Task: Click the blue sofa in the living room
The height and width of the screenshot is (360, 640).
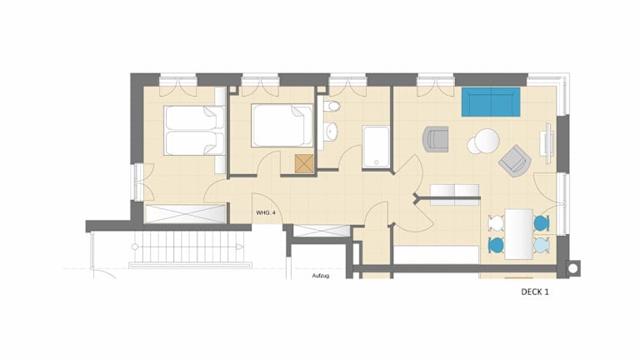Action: point(491,102)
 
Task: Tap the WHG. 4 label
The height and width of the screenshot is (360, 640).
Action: point(266,212)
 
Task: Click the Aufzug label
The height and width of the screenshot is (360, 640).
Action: point(321,276)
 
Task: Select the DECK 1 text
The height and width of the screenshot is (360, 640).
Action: point(535,292)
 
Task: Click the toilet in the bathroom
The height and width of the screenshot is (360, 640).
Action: point(332,107)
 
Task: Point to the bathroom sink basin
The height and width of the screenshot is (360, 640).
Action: point(331,132)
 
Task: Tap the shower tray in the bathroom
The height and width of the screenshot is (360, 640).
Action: point(377,147)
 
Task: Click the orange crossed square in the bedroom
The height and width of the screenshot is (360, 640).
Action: point(304,163)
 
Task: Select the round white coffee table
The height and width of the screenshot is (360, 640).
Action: point(487,141)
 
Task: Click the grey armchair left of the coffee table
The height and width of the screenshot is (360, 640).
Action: point(436,139)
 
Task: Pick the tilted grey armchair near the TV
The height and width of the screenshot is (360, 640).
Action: point(515,161)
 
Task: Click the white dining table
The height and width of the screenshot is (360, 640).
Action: point(519,234)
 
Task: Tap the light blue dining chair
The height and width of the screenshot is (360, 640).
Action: point(541,245)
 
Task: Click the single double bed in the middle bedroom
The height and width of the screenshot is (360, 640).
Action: point(282,125)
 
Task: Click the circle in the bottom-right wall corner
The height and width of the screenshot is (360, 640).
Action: point(573,268)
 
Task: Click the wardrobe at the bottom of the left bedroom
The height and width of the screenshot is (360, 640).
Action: point(186,214)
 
